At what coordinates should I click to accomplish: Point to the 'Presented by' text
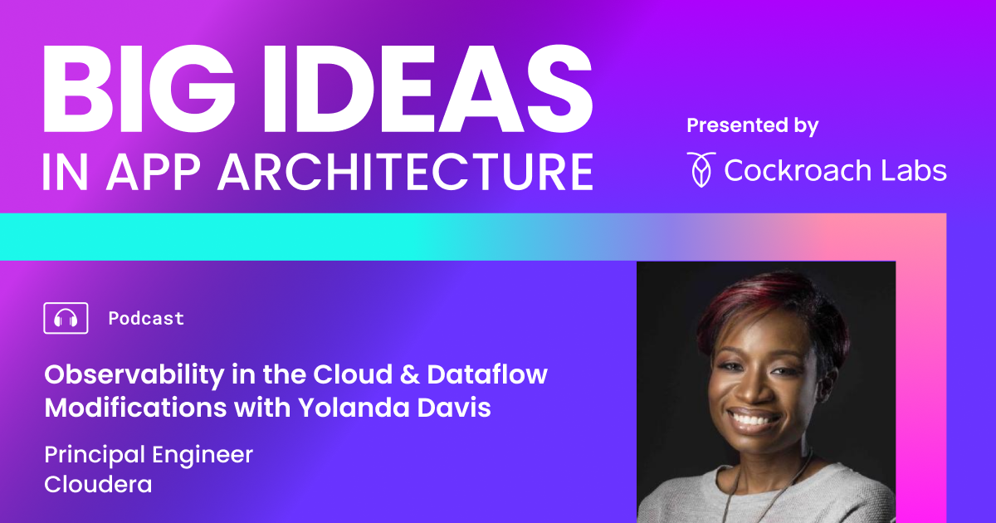tap(752, 126)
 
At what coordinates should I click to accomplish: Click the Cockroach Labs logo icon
tap(700, 169)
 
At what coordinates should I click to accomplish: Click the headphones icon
tap(66, 318)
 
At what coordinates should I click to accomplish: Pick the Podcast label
tap(146, 319)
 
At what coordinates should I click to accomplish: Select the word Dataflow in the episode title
tap(486, 374)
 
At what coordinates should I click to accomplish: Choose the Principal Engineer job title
tap(149, 455)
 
